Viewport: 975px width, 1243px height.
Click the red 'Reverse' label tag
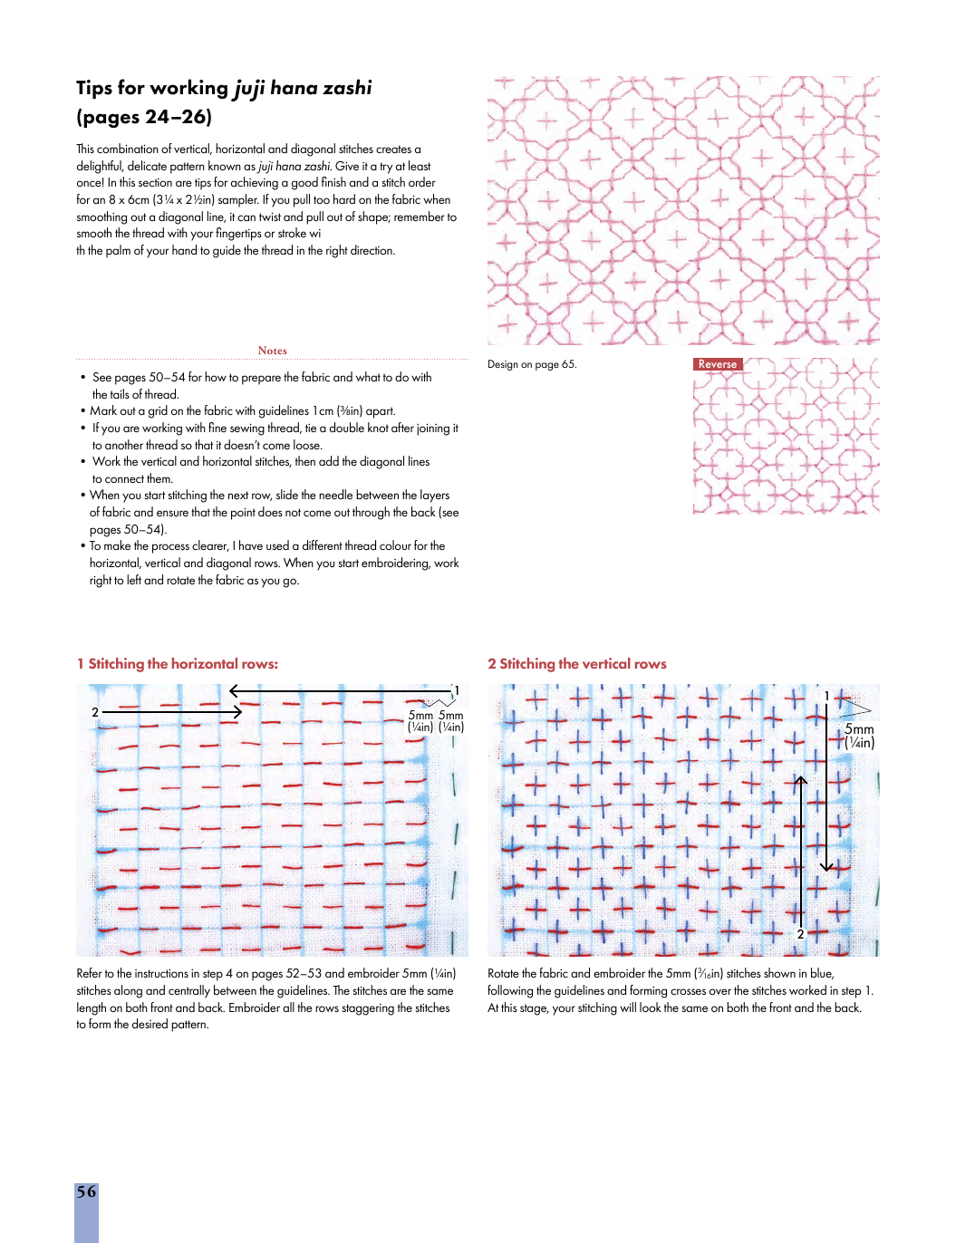[x=718, y=364]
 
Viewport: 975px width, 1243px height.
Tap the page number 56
[x=86, y=1192]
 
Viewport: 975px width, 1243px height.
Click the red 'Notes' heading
[x=272, y=351]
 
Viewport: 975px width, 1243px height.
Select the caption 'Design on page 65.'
[x=532, y=364]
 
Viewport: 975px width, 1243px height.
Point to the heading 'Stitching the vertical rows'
[x=583, y=664]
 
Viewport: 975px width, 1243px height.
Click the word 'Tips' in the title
[x=94, y=88]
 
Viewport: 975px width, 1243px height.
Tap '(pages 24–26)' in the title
[x=144, y=117]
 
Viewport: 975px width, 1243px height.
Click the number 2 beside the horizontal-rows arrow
[x=95, y=712]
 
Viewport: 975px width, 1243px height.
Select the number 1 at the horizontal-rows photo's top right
[x=457, y=690]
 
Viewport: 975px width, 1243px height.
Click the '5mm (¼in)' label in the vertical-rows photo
[x=859, y=736]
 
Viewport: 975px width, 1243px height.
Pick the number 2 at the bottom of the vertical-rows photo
[x=800, y=933]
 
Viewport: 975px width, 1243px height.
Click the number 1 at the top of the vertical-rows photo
[x=826, y=696]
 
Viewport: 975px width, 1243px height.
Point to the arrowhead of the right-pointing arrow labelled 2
[x=238, y=712]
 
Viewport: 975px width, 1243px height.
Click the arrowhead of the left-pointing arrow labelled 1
[x=234, y=691]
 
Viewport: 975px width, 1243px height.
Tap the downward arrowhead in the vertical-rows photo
[x=826, y=867]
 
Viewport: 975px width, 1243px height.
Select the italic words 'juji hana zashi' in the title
[x=304, y=88]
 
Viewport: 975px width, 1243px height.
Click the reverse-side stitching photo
[x=787, y=437]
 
